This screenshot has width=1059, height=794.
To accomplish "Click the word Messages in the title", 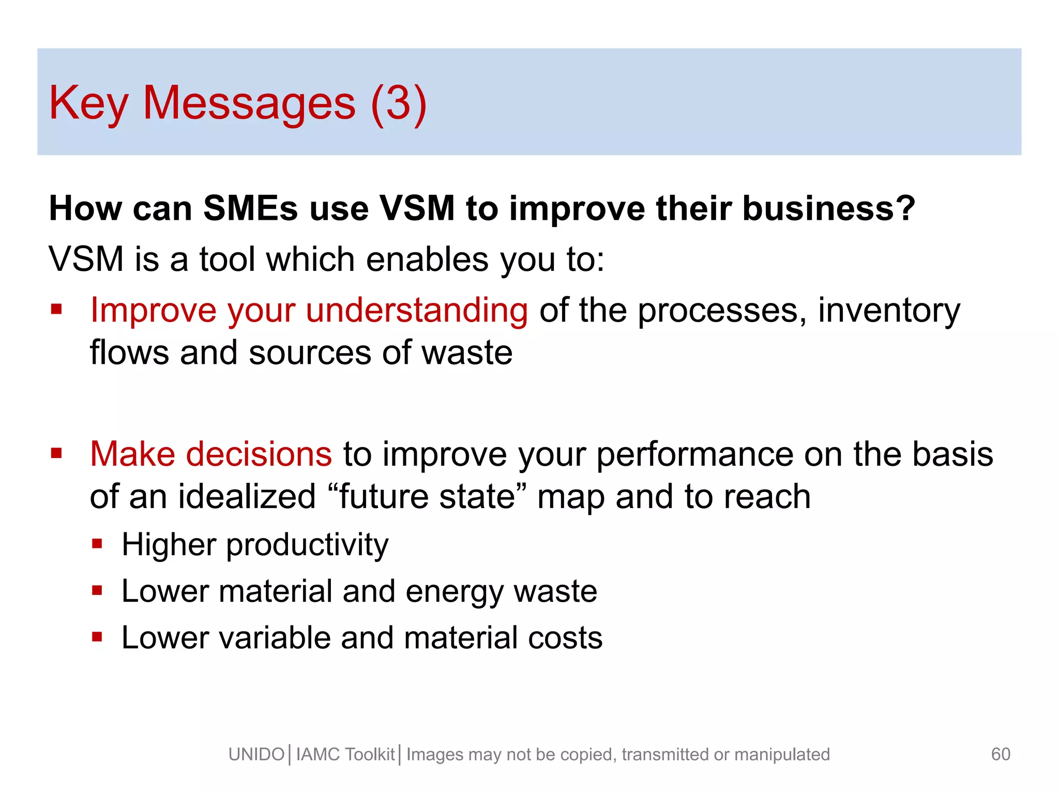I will pyautogui.click(x=249, y=103).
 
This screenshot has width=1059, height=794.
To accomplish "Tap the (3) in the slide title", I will pyautogui.click(x=399, y=103).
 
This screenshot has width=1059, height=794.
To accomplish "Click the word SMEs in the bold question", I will pyautogui.click(x=250, y=208).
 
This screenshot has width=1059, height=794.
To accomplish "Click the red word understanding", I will pyautogui.click(x=417, y=310).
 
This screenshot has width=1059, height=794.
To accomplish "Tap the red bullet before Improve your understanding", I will pyautogui.click(x=56, y=310).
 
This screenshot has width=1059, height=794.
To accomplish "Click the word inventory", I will pyautogui.click(x=889, y=310).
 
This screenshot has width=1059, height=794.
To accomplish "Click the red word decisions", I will pyautogui.click(x=259, y=454).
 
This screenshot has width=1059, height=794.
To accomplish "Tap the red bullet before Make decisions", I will pyautogui.click(x=56, y=454).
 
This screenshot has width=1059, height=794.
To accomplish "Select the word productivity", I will pyautogui.click(x=307, y=544).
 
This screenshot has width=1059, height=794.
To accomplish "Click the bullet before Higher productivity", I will pyautogui.click(x=97, y=544).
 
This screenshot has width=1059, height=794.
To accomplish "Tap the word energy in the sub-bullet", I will pyautogui.click(x=454, y=591).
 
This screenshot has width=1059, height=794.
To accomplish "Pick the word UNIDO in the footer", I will pyautogui.click(x=256, y=754).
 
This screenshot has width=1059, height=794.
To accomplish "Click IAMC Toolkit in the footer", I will pyautogui.click(x=345, y=754).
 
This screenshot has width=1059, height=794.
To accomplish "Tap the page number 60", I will pyautogui.click(x=1001, y=754).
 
